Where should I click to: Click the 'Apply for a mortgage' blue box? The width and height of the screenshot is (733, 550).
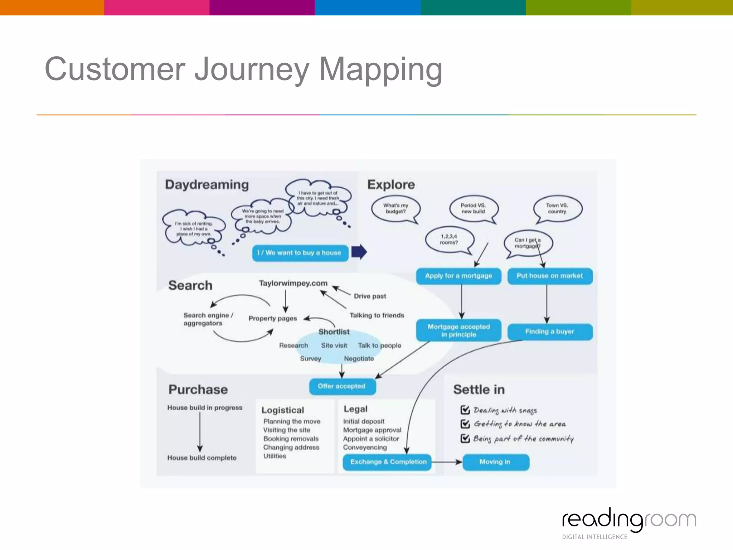[458, 276]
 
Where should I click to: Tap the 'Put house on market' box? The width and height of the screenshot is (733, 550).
[550, 276]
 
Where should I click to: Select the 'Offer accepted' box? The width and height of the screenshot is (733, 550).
[342, 386]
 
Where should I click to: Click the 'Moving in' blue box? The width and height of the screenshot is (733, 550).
[495, 462]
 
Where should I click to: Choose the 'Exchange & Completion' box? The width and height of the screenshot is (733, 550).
[388, 462]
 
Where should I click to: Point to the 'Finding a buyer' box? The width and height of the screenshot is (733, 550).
[550, 332]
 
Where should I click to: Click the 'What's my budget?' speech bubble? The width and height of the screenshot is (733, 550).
[395, 208]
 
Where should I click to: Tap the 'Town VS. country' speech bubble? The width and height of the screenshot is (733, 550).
[557, 208]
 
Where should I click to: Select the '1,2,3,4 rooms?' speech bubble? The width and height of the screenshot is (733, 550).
[449, 239]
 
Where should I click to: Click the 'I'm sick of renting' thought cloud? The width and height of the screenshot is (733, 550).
[194, 229]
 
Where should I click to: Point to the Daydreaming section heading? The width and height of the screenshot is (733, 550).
[207, 185]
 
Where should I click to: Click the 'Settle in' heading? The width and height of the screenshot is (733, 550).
[479, 390]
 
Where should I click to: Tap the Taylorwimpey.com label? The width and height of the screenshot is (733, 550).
[293, 283]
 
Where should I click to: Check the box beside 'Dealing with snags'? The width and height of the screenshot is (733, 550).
[465, 410]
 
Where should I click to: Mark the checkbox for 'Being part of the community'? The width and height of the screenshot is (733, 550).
[465, 438]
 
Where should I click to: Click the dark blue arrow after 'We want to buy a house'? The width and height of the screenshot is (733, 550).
[359, 252]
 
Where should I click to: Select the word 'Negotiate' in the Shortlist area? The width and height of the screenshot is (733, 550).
[359, 359]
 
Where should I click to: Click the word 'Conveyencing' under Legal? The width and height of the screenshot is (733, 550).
[365, 448]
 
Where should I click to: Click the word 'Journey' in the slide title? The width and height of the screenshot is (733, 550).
[252, 69]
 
